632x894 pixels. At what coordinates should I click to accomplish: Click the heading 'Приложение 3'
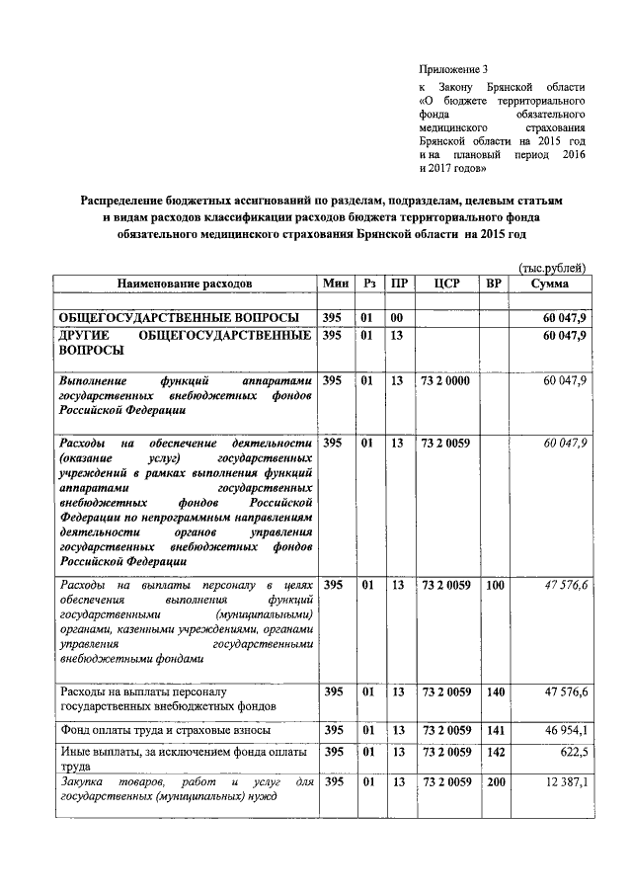tap(453, 69)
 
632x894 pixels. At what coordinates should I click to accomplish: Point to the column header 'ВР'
tap(494, 283)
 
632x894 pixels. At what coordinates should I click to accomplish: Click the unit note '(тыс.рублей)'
tap(553, 268)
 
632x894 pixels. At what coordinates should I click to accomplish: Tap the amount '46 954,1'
tap(566, 730)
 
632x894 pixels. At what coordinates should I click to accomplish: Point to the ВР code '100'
tap(494, 586)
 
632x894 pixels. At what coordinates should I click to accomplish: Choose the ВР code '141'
tap(494, 730)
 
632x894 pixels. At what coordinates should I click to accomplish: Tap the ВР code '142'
tap(494, 752)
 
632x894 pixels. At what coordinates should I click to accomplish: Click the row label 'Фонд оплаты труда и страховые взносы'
tap(161, 730)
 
